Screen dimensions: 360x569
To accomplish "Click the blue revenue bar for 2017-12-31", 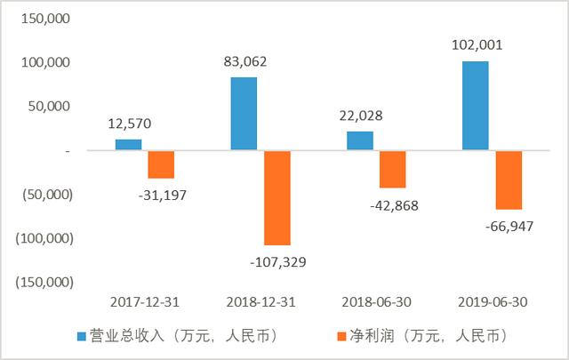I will (129, 145).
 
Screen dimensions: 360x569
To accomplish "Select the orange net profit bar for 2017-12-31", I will (161, 164).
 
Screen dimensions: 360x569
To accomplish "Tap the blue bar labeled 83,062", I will (244, 114).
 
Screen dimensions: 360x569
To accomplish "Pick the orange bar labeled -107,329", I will (276, 197).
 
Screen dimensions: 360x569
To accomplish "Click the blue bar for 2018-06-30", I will (360, 140).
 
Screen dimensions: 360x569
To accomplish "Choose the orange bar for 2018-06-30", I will (392, 169).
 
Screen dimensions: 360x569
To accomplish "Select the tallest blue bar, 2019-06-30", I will (476, 106).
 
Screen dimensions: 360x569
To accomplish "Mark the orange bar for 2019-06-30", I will (509, 180).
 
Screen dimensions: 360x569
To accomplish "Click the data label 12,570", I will (128, 124).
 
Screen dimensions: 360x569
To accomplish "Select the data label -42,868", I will (392, 205).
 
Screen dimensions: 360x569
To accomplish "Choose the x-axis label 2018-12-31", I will (260, 301).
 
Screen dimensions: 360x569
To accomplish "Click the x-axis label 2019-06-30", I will (492, 301).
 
